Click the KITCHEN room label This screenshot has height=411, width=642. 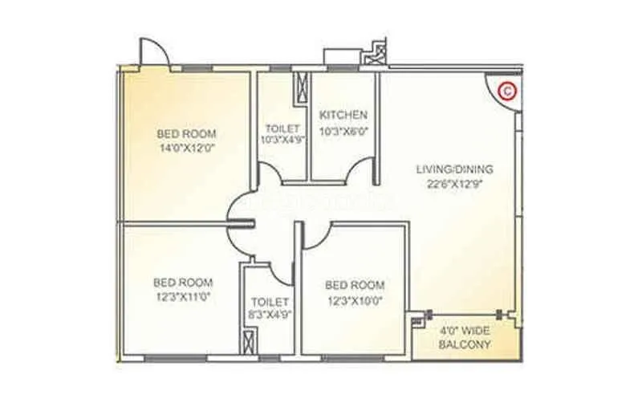(343, 115)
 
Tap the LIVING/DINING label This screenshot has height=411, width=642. (454, 169)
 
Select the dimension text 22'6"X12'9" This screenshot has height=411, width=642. (454, 183)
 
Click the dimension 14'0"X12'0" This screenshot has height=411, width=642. (185, 148)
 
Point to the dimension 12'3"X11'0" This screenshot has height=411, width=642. (183, 296)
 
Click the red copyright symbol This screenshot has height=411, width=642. (506, 91)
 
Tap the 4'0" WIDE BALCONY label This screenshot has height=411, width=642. (465, 337)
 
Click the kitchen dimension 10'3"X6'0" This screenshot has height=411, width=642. (343, 129)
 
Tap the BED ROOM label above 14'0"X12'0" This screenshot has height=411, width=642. (185, 134)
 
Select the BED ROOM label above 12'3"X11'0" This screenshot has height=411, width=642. (183, 282)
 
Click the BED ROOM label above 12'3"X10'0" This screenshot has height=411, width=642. (354, 285)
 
